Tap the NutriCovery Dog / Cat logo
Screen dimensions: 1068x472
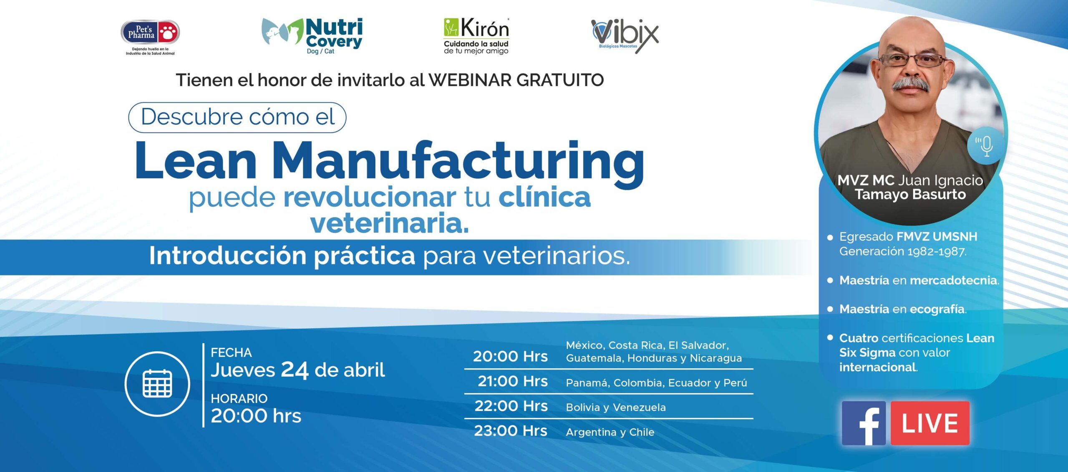point(312,36)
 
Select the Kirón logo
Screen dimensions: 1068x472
point(476,36)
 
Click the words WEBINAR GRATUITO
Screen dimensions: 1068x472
point(516,80)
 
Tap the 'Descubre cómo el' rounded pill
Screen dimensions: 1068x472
point(237,117)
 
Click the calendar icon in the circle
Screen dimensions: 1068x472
point(157,383)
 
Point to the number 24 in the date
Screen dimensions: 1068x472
point(295,370)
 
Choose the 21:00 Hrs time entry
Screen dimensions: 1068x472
point(512,381)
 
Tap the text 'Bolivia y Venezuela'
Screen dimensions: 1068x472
point(616,407)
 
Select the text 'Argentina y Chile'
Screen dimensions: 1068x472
point(610,432)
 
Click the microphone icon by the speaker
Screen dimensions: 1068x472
point(986,146)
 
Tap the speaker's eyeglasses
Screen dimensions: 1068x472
point(912,60)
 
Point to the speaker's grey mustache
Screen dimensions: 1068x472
point(911,85)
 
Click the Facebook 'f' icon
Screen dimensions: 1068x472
point(864,423)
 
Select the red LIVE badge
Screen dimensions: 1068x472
point(930,423)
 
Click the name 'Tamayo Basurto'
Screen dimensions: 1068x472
point(910,195)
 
